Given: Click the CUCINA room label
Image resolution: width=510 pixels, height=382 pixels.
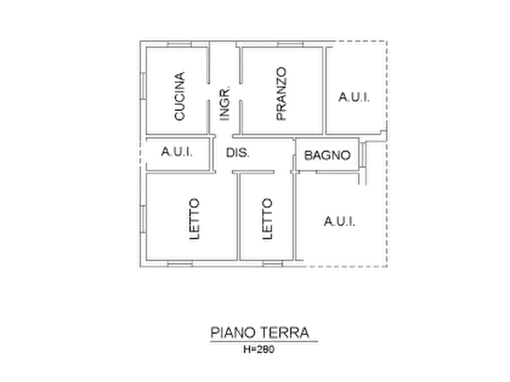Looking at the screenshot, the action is click(179, 96).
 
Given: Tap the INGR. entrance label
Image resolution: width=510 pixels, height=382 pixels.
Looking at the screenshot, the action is click(224, 104).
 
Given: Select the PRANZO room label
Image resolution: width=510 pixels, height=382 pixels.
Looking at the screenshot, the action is click(281, 94).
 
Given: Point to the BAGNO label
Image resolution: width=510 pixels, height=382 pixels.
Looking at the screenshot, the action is click(327, 155).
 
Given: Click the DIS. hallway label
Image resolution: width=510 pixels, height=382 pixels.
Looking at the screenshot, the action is click(238, 152).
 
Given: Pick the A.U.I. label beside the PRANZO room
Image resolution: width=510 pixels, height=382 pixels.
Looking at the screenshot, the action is click(354, 97).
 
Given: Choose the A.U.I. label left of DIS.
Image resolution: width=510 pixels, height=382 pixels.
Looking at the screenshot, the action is click(177, 151).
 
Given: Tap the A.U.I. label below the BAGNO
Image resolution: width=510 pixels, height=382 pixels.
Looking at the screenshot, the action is click(339, 221).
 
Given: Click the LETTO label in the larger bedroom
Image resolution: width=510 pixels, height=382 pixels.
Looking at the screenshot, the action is click(194, 219).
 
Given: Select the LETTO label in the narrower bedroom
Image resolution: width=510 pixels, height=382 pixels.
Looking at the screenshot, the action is click(267, 219).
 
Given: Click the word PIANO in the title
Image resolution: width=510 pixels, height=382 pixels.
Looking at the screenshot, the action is click(232, 332).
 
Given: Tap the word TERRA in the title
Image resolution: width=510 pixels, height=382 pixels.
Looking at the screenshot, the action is click(284, 332).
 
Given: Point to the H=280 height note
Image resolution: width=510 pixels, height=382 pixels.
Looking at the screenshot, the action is click(259, 349).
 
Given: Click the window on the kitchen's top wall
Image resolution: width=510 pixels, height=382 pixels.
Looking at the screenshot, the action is click(179, 44).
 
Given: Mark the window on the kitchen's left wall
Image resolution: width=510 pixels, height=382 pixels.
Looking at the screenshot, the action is click(143, 86).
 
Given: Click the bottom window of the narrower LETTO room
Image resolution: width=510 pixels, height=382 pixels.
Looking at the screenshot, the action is click(272, 263).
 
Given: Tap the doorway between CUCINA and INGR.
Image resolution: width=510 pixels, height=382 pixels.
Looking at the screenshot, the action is click(208, 92).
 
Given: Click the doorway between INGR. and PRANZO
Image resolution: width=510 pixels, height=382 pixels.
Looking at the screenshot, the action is click(240, 92).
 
